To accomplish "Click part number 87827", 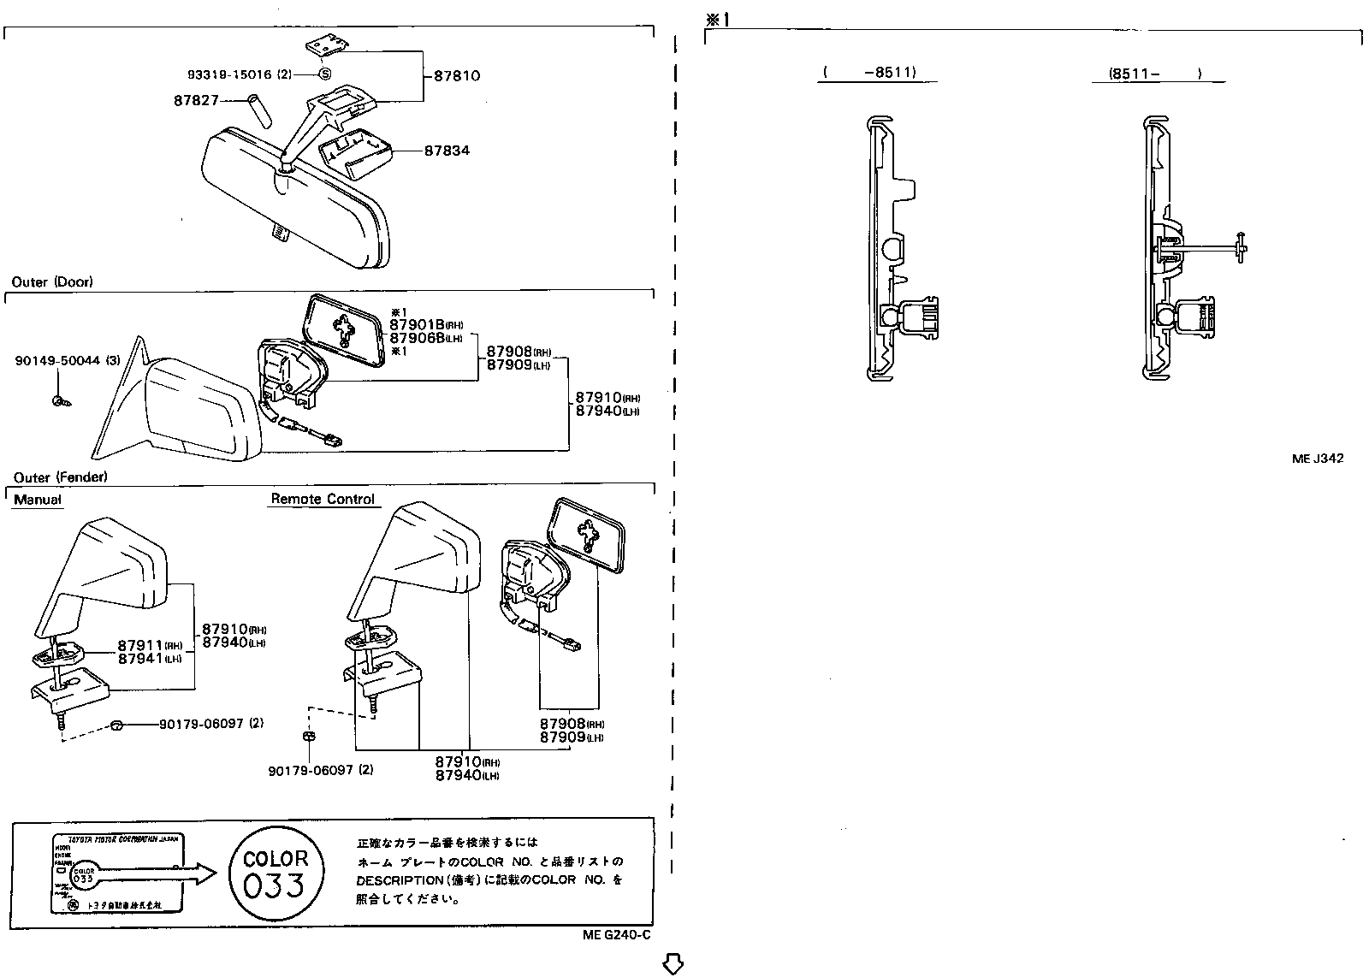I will pos(196,101).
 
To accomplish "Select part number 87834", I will pos(447,151).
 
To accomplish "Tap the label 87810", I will pos(457,75).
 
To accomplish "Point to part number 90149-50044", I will pos(57,362).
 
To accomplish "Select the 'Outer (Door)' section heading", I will pos(52,281).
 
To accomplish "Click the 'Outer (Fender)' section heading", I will pos(60,477).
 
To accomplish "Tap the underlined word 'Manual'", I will pos(38,500).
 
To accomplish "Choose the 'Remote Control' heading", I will pos(323,499).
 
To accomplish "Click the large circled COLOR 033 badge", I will pos(276,873).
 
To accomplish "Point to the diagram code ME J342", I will pos(1317,459).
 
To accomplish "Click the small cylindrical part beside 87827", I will pos(258,110).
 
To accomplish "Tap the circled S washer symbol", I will pos(326,74).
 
